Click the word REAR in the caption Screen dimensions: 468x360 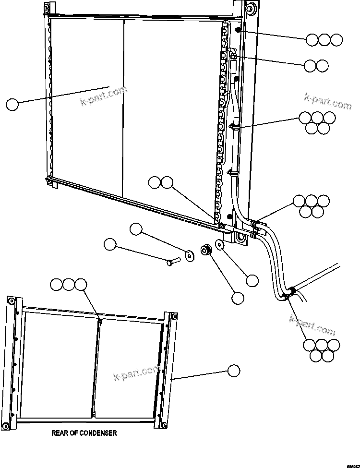pos(60,433)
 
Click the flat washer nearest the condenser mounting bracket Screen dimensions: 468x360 pos(220,244)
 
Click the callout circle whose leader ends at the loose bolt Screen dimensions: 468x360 pos(110,244)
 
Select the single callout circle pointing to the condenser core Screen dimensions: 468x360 pos(12,104)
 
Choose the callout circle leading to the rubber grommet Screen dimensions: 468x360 pos(238,298)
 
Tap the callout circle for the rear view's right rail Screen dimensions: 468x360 pos(233,370)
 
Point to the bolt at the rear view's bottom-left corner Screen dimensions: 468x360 pos(7,426)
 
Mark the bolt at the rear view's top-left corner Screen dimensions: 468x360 pos(11,301)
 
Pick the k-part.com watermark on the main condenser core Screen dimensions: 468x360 pos(103,96)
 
